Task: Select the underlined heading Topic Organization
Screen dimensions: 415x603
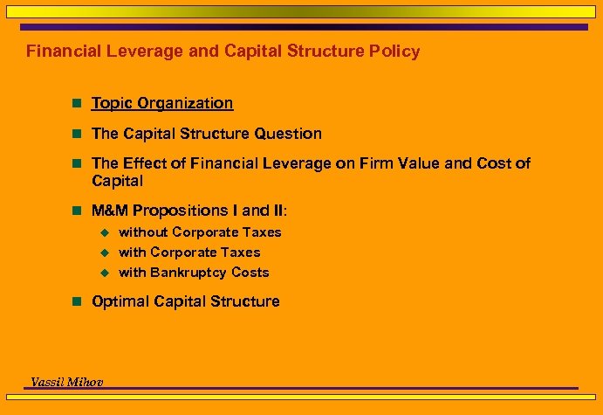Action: [x=162, y=103]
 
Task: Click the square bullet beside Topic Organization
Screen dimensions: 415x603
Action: [x=77, y=104]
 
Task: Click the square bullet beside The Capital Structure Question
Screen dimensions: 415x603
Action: [x=77, y=135]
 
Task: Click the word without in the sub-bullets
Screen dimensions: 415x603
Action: [x=143, y=232]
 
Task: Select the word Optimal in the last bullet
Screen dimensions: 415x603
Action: [x=120, y=301]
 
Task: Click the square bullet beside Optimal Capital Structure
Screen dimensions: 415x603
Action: [x=77, y=302]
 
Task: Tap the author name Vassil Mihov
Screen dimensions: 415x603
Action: [x=66, y=381]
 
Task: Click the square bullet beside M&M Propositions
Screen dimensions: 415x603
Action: [x=77, y=211]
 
